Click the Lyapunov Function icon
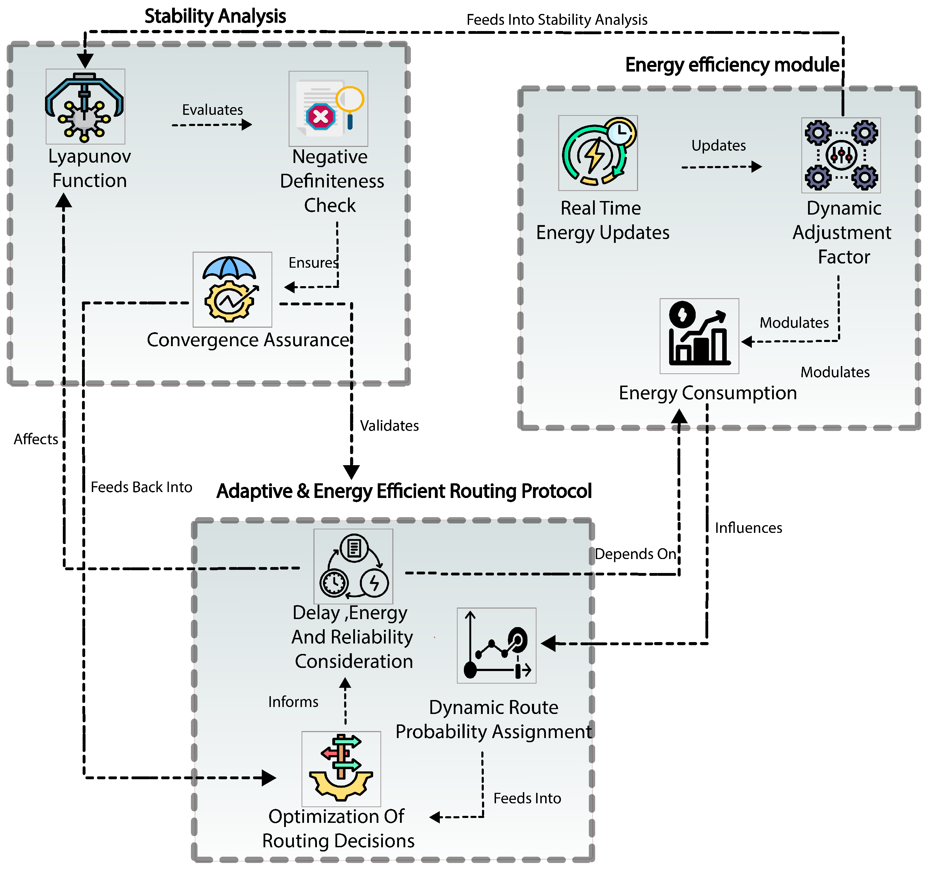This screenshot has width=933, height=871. click(85, 106)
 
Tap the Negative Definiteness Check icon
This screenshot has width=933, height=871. click(328, 109)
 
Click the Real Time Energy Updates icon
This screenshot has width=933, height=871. click(598, 153)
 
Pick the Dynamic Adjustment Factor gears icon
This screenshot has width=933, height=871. click(841, 155)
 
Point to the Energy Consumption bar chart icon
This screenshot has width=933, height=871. click(699, 336)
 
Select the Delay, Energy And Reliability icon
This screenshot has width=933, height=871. click(353, 566)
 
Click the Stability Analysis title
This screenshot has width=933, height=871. click(215, 16)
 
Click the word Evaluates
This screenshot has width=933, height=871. click(212, 110)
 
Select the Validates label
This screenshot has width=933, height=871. click(389, 426)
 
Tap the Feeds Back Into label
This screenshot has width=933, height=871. click(141, 487)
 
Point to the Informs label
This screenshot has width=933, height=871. click(293, 702)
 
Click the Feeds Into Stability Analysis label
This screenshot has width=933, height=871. click(557, 20)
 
